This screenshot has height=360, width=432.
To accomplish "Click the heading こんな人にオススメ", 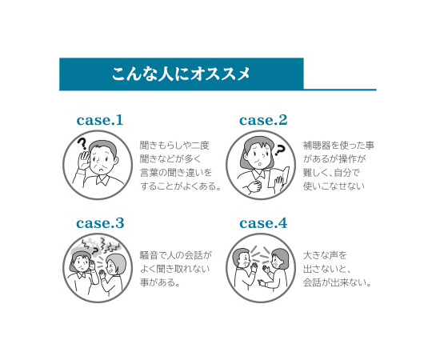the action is point(181,74).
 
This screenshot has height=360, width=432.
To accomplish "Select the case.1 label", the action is point(100,120).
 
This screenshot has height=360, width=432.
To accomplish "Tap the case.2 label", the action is point(263,120).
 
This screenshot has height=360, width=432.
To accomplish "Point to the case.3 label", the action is point(100,223).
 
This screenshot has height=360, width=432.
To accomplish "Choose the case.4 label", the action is point(263,223).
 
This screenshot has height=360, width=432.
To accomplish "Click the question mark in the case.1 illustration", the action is point(82,144).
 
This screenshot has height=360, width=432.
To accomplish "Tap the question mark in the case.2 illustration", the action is point(279,150).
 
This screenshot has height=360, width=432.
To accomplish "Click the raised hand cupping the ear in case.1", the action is point(83,160).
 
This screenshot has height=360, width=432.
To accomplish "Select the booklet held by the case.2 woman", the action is point(279,178).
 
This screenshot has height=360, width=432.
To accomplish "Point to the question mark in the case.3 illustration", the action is point(94,251).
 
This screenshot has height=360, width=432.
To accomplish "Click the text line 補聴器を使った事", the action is point(338,146).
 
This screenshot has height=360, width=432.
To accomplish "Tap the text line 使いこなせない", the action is point(334,186).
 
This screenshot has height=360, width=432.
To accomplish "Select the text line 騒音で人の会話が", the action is point(176,255).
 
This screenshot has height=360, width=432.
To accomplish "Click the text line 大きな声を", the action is point(325,255).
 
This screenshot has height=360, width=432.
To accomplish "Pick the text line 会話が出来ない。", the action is point(338,282).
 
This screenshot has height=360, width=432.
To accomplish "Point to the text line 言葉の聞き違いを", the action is point(176,173).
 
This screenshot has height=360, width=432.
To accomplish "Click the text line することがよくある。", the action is point(181,186).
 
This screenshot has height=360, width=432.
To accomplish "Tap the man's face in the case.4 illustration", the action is point(243,259).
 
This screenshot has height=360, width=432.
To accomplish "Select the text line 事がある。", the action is point(160,282).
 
